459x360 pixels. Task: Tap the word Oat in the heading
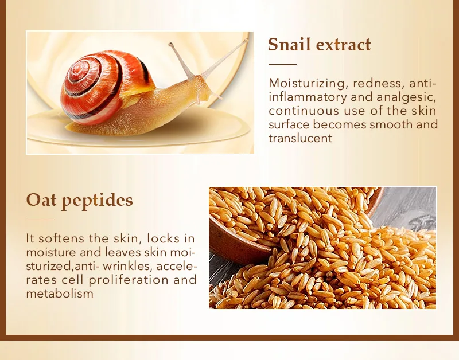click(x=41, y=200)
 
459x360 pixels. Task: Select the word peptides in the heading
click(x=97, y=201)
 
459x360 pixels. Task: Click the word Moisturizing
click(x=307, y=83)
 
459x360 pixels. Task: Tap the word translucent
click(x=300, y=138)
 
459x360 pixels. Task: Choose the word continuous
click(x=304, y=111)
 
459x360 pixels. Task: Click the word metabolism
click(x=60, y=294)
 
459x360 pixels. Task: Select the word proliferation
click(x=129, y=280)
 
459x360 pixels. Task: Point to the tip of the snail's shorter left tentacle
click(x=170, y=45)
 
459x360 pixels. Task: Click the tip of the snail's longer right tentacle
click(x=246, y=40)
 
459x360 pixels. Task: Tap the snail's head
click(x=205, y=88)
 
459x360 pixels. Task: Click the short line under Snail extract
click(x=283, y=64)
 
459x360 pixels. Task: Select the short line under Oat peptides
click(x=40, y=220)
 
